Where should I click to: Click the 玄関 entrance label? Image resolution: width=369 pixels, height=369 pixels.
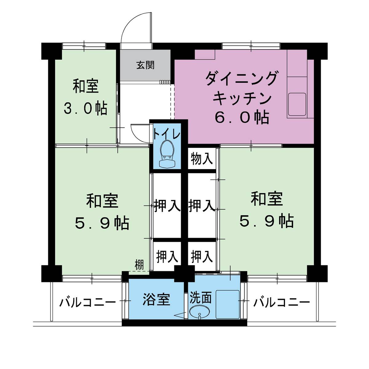click(x=145, y=65)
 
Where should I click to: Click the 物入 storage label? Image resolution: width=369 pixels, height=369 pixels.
click(x=202, y=159)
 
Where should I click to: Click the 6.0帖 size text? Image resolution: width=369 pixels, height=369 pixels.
click(x=242, y=117)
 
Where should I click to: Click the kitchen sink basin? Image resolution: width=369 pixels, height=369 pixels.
click(x=297, y=104)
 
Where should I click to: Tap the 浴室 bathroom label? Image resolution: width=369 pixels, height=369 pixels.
click(x=156, y=299)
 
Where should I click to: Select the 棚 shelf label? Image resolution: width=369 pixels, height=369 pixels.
click(x=139, y=265)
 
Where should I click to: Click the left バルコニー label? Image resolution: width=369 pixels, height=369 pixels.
click(x=88, y=303)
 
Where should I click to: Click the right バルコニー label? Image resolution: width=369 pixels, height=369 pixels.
click(x=281, y=303)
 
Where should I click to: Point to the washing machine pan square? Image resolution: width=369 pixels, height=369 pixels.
click(x=227, y=304)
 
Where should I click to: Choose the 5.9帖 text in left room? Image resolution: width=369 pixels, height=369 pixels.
click(x=102, y=223)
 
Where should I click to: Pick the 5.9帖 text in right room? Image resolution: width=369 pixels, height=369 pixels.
click(x=266, y=221)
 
